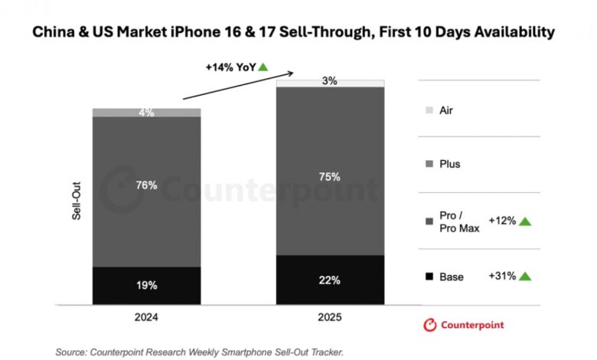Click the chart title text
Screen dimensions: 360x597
coord(298,33)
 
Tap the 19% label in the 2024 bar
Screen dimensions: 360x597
coord(146,285)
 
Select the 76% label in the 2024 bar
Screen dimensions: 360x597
coord(146,185)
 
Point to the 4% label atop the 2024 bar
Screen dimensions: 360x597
coord(146,113)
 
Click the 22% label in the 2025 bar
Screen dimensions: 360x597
coord(330,280)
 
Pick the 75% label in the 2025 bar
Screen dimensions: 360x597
coord(330,176)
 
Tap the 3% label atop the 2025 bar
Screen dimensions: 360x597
coord(330,81)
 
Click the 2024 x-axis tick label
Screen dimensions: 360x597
coord(146,316)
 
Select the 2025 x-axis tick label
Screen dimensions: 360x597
coord(330,316)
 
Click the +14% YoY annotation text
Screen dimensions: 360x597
coord(230,67)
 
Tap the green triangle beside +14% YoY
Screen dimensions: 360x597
coord(263,67)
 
